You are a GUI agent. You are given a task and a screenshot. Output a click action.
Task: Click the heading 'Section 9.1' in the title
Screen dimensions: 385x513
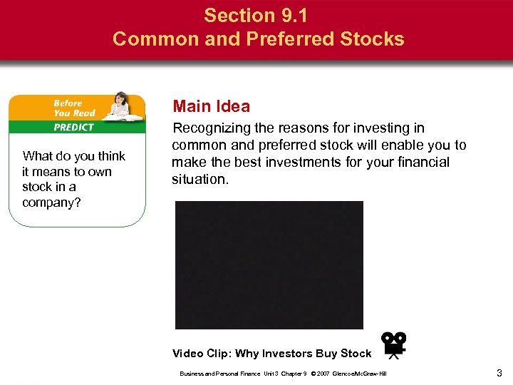point(258,15)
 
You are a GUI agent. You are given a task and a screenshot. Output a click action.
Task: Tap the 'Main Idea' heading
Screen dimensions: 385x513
point(212,107)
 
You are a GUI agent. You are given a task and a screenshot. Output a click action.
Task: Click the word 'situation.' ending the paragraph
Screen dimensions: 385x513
point(200,180)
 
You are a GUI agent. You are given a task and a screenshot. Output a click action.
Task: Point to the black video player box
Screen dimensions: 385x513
point(269,265)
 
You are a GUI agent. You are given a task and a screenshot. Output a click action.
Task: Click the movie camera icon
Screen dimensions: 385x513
point(393,344)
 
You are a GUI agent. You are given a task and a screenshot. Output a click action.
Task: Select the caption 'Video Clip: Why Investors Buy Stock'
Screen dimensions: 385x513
point(271,354)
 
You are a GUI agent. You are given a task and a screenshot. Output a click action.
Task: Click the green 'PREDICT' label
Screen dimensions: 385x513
point(74,127)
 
